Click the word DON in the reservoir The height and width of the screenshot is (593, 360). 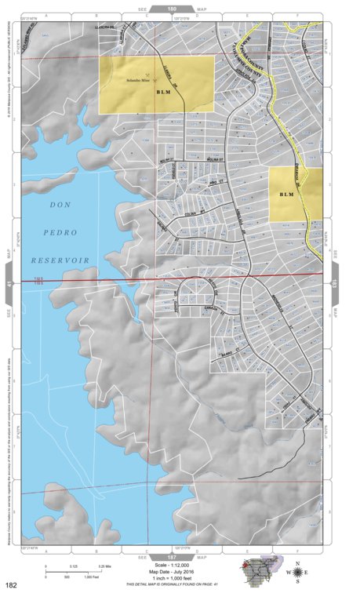pos(60,205)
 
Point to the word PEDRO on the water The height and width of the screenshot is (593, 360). pos(60,232)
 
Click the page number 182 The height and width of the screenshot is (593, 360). pos(12,584)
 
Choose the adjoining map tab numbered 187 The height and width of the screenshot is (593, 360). pos(171,555)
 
